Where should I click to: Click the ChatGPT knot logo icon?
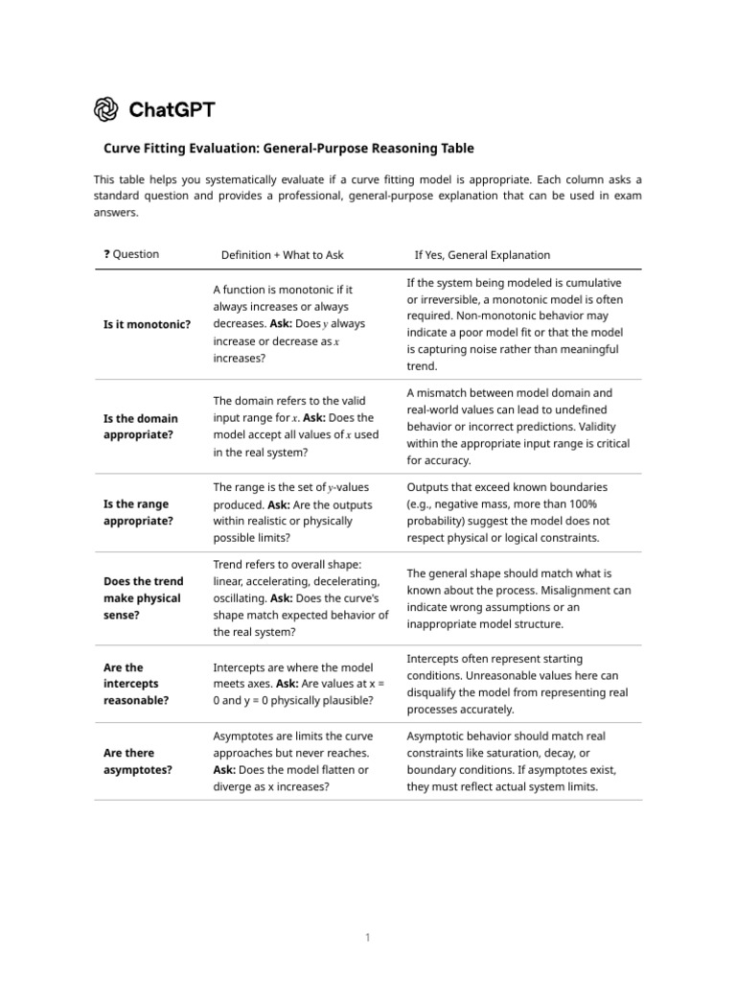point(106,109)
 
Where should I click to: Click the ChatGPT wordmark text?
point(172,109)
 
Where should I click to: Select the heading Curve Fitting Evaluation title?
point(288,149)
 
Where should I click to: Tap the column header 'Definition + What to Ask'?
point(282,255)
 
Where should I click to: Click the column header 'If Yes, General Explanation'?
point(482,255)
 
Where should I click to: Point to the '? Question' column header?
point(131,254)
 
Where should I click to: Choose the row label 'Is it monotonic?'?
point(147,324)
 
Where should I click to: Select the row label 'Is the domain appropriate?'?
point(140,427)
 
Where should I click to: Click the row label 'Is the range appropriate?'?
point(138,513)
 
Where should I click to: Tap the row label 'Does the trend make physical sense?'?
point(143,598)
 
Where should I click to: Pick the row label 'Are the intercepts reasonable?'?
point(136,684)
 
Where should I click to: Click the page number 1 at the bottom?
point(367,938)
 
